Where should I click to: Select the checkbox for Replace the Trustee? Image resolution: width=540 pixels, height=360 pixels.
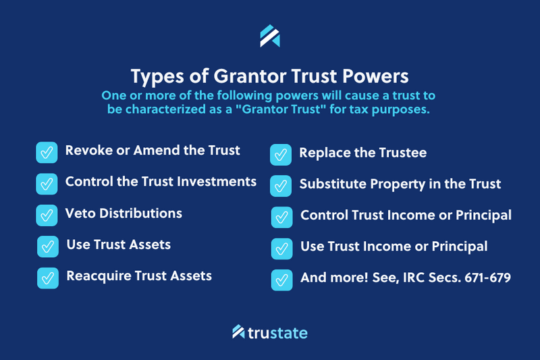coord(280,155)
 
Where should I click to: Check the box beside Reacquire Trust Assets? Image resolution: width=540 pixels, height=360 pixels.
coord(47,277)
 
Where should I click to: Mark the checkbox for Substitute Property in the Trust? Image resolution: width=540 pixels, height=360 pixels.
coord(280,186)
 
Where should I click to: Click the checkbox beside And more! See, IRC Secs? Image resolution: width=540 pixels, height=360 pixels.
coord(281,279)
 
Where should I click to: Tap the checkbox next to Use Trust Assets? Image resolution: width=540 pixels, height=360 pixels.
coord(47,246)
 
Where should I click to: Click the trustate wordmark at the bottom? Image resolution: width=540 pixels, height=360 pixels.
coord(277,332)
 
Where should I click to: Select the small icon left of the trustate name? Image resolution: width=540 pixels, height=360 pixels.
coord(238,332)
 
